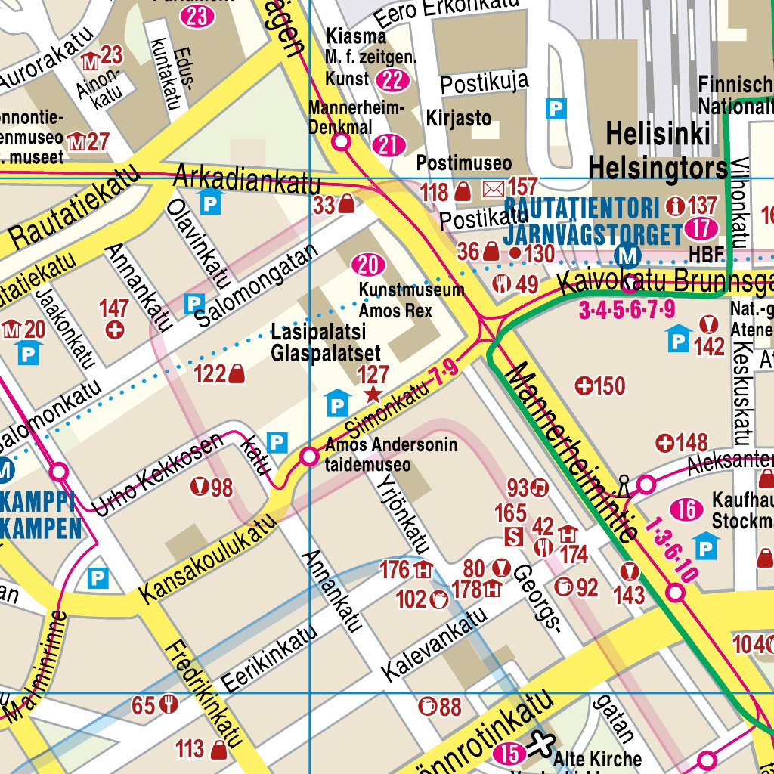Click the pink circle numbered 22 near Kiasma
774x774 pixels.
point(392,80)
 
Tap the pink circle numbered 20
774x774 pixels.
point(369,265)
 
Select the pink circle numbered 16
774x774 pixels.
point(687,510)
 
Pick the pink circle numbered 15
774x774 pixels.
point(509,754)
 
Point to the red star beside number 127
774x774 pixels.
point(373,395)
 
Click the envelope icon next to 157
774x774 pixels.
point(493,187)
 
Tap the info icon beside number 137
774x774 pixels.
point(674,206)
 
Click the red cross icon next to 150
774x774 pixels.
point(584,386)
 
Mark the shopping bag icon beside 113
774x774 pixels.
point(220,750)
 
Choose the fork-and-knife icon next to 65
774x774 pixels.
point(169,705)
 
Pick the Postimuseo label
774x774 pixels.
point(464,163)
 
